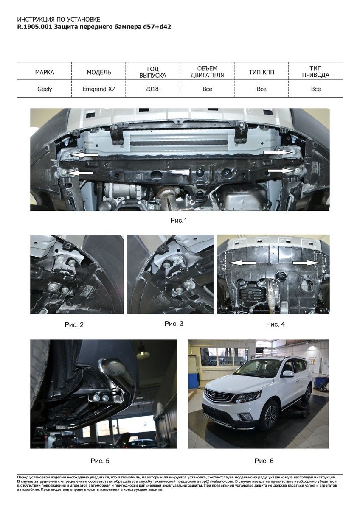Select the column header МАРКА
point(45,72)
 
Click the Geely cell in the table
point(45,89)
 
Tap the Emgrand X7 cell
point(98,89)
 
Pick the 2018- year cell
point(153,89)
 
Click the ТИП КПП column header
point(262,72)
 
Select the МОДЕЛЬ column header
point(99,72)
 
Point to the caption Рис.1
point(179,220)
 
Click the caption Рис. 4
point(276,324)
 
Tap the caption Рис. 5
point(100,461)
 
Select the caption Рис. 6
point(264,461)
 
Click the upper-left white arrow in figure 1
point(84,155)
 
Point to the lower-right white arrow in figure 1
point(282,170)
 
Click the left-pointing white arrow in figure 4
point(242,263)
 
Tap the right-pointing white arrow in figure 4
point(307,263)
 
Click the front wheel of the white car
point(270,414)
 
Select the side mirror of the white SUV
point(288,374)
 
